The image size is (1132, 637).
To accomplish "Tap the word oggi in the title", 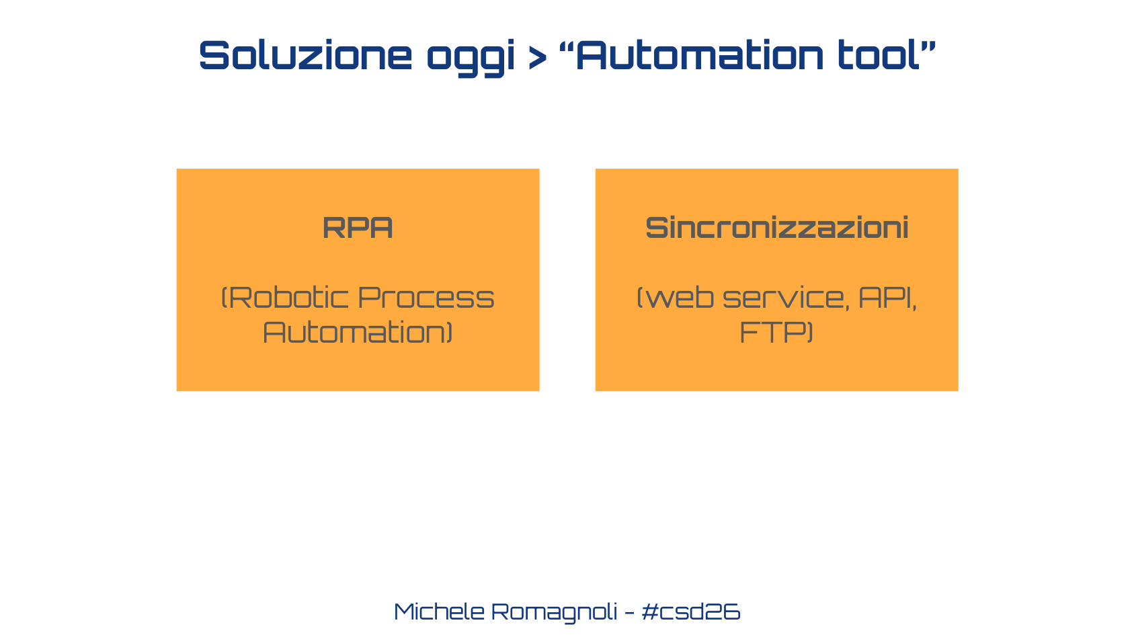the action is click(471, 58).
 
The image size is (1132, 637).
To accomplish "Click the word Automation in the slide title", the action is click(699, 54).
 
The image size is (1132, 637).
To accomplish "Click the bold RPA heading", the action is click(358, 227).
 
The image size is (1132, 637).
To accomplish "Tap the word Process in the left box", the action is click(426, 297).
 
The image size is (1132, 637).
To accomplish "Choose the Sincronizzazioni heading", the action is click(776, 227).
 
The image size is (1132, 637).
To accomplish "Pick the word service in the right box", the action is click(783, 298).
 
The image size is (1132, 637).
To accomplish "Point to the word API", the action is click(885, 297).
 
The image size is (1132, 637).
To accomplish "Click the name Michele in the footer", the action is click(439, 611).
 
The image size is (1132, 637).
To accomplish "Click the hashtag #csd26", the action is click(691, 611).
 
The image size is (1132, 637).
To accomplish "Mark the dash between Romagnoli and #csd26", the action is click(629, 612).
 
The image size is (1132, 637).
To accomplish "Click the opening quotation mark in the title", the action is click(567, 46).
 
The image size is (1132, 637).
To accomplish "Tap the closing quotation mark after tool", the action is click(928, 46).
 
